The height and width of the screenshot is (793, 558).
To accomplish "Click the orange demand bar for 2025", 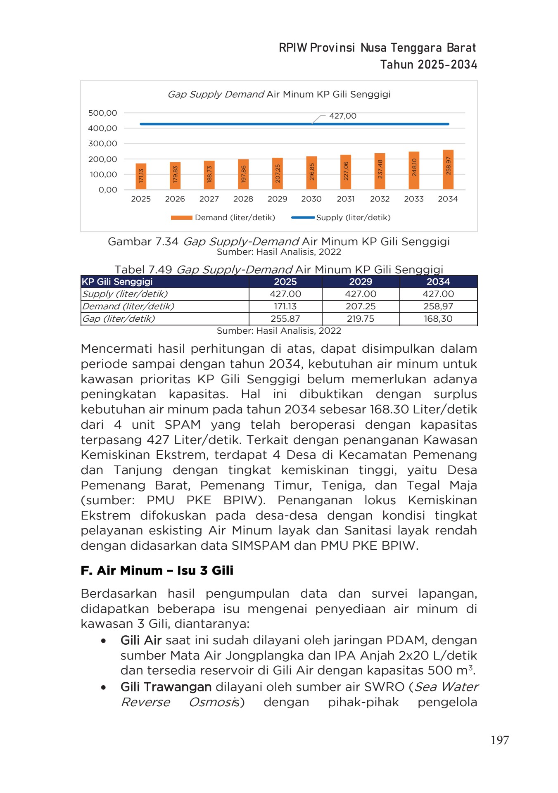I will click(141, 176).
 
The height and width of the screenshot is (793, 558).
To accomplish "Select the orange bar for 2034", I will click(448, 169).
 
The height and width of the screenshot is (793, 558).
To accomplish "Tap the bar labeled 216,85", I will click(311, 173).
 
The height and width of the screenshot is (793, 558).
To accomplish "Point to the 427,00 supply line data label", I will click(342, 116).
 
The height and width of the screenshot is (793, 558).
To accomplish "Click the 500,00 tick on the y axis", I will click(102, 113).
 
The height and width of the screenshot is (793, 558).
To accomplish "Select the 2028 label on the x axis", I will click(243, 199).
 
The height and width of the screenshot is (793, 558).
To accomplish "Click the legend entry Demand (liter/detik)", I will click(235, 218).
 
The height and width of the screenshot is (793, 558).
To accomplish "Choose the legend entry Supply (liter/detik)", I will click(353, 218).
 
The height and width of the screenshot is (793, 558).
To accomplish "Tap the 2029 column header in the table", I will click(360, 282).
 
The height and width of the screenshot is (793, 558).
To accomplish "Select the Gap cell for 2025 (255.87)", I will click(285, 319).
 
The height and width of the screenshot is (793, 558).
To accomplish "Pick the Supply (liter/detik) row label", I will click(125, 294).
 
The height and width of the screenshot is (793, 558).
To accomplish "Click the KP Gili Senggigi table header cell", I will click(117, 282).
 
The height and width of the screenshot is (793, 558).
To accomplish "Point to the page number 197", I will click(499, 740).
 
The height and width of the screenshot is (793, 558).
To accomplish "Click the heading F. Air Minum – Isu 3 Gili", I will click(157, 570).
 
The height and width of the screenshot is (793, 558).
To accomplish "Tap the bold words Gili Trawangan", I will click(166, 687).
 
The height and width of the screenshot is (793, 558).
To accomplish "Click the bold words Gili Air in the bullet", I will click(140, 640).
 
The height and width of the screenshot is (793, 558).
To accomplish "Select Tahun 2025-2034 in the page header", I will click(428, 65).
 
